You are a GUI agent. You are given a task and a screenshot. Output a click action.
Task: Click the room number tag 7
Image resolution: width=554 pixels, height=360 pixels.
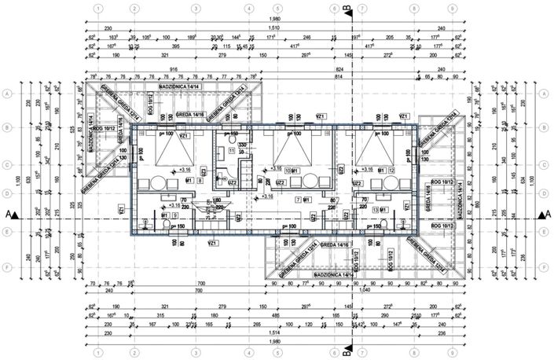[x=298, y=200]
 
